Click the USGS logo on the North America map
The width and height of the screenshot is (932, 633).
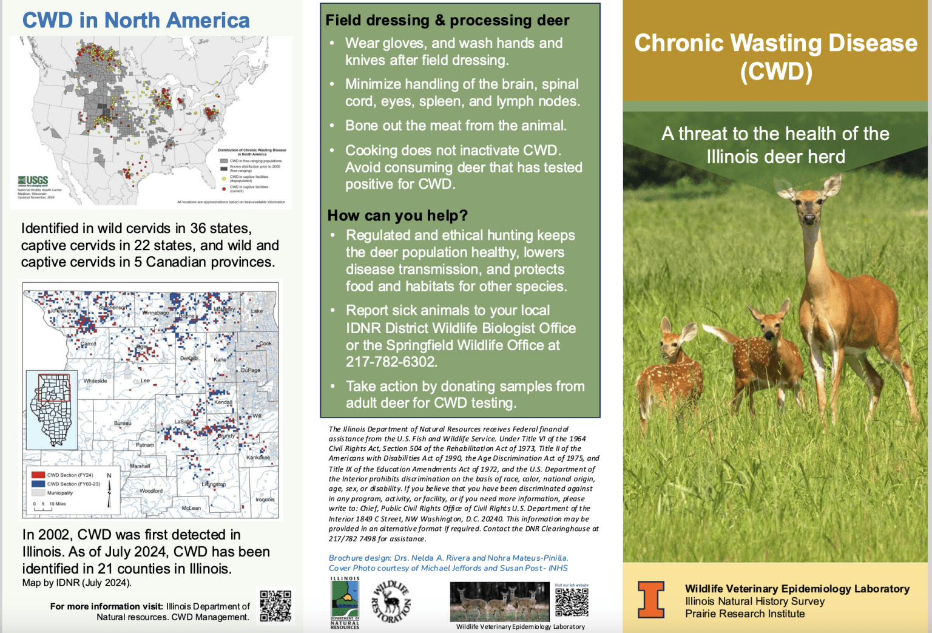click(33, 181)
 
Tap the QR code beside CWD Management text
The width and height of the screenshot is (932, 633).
click(275, 606)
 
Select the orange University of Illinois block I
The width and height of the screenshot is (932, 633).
click(650, 599)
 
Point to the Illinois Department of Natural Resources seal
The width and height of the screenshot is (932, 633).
click(345, 603)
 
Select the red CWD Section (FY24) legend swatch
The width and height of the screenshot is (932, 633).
click(38, 475)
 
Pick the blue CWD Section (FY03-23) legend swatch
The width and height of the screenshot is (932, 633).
click(38, 484)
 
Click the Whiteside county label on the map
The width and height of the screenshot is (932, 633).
click(95, 381)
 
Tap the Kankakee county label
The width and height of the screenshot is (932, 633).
click(258, 458)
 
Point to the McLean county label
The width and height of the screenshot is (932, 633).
click(191, 508)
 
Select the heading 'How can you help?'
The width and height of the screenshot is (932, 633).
click(397, 215)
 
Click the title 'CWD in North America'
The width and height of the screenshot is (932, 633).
click(136, 21)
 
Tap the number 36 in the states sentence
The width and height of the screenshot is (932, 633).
click(198, 229)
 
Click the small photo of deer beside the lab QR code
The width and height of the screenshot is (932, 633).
click(499, 601)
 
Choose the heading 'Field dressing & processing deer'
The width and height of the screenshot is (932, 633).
click(447, 21)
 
